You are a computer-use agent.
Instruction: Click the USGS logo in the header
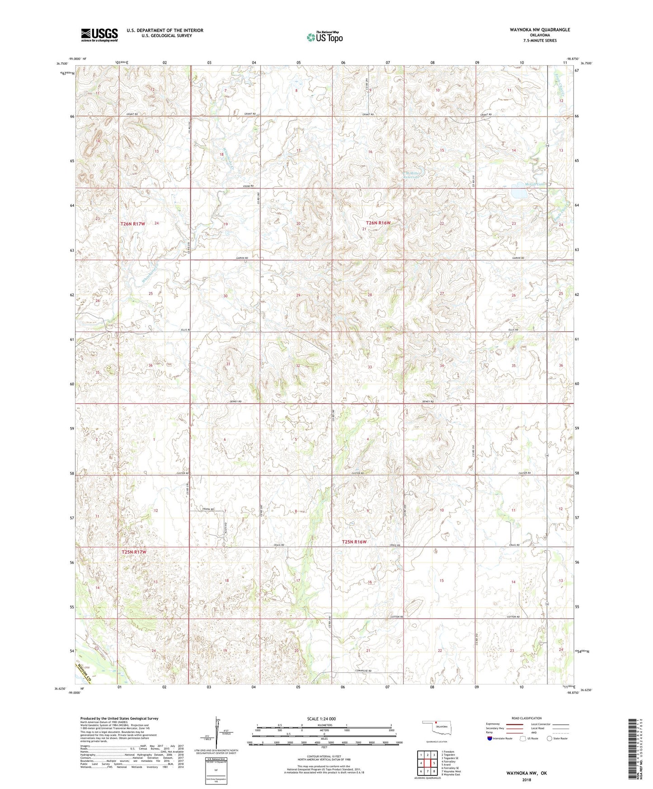click(99, 35)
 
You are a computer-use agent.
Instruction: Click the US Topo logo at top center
click(324, 37)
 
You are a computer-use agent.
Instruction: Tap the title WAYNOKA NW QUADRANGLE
click(533, 30)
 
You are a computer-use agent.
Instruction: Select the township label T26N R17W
click(133, 224)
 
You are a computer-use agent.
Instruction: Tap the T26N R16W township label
click(378, 223)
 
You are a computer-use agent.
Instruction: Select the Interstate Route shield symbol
click(490, 738)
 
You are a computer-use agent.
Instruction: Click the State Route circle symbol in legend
click(549, 738)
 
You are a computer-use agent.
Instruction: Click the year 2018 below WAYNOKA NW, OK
click(526, 780)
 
